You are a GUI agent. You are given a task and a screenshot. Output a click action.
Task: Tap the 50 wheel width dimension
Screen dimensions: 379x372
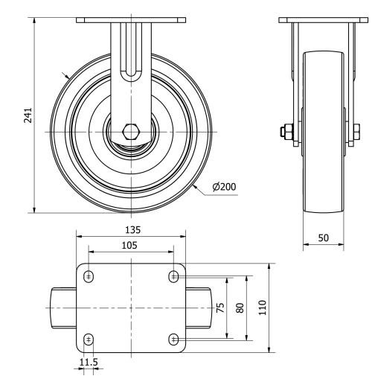pyautogui.click(x=324, y=237)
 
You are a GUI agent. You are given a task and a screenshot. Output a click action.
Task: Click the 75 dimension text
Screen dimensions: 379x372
pyautogui.click(x=220, y=309)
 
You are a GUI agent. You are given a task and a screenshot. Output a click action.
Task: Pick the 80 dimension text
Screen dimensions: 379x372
pyautogui.click(x=240, y=308)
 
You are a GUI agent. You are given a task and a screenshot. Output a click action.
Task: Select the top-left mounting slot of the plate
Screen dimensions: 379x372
pyautogui.click(x=89, y=276)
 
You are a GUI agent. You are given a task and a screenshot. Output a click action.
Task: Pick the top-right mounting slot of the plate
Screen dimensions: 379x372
pyautogui.click(x=174, y=276)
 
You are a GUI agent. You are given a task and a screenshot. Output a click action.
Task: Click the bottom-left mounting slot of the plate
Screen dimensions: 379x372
pyautogui.click(x=89, y=340)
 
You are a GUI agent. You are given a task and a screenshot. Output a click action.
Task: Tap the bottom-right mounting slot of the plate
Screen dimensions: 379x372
pyautogui.click(x=174, y=340)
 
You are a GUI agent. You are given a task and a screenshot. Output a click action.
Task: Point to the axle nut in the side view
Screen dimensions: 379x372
pyautogui.click(x=287, y=133)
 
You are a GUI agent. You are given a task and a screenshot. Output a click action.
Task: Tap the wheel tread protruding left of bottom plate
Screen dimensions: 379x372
pyautogui.click(x=63, y=308)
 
